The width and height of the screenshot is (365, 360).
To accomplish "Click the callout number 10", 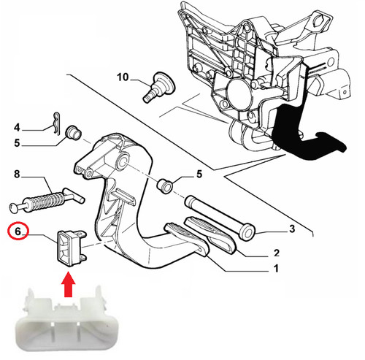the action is tap(123, 77).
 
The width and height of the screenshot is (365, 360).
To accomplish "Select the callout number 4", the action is tap(17, 127).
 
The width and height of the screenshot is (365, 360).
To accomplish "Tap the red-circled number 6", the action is tap(18, 231).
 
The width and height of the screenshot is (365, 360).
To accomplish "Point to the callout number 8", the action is tap(17, 174).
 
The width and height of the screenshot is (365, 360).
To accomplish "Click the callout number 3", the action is tap(292, 229).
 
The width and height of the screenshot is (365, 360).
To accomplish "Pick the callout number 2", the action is tap(277, 253).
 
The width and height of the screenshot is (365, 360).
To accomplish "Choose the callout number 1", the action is tap(276, 269).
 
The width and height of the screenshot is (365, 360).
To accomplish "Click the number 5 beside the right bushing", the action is tap(199, 175).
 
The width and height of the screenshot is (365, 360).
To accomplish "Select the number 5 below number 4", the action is tap(17, 143).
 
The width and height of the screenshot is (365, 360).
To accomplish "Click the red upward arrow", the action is tap(69, 284).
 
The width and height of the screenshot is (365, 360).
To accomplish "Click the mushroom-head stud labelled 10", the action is tap(158, 87).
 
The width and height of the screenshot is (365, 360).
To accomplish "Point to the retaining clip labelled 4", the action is tap(57, 124).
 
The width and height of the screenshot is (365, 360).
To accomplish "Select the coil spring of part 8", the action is tap(47, 200).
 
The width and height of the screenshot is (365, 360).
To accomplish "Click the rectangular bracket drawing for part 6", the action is tap(72, 248).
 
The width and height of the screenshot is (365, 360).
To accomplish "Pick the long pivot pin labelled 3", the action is tap(220, 217).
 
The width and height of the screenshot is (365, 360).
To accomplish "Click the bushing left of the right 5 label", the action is tap(164, 186).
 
